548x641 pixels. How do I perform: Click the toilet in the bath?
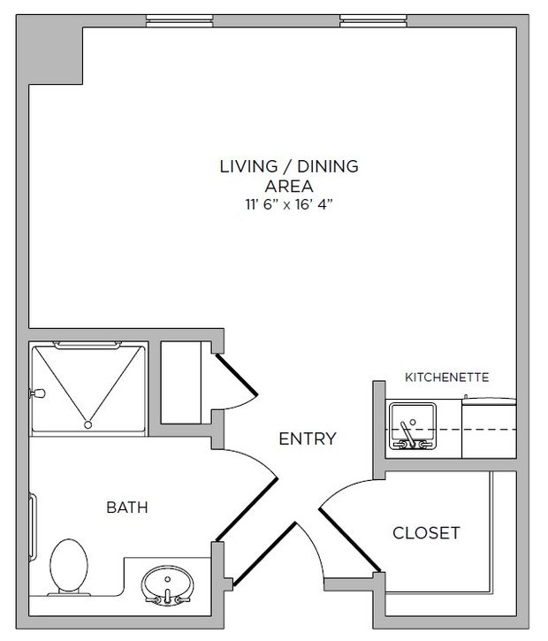tap(69, 567)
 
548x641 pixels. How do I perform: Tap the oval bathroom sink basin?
tap(167, 584)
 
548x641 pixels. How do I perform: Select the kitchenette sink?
tap(412, 426)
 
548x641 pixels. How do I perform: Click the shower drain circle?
tap(88, 424)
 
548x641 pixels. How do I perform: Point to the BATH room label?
tap(127, 507)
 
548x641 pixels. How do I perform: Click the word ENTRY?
tap(308, 439)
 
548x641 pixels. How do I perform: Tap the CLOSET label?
tap(426, 532)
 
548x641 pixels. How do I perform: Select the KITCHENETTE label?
tap(446, 377)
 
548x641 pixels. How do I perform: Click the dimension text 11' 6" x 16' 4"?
tap(289, 204)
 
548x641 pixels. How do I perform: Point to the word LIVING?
tap(249, 166)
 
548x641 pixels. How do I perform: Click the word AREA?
tap(289, 186)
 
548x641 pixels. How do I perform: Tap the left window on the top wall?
tap(179, 21)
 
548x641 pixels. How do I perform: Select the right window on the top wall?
tap(373, 21)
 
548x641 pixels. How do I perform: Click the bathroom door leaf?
tap(247, 509)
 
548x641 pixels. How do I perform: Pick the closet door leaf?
tap(350, 539)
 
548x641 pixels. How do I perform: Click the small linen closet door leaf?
tap(237, 374)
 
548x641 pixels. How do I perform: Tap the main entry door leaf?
tap(264, 554)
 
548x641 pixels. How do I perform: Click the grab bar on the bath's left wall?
tap(33, 526)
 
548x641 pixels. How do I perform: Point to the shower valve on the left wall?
tap(37, 393)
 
